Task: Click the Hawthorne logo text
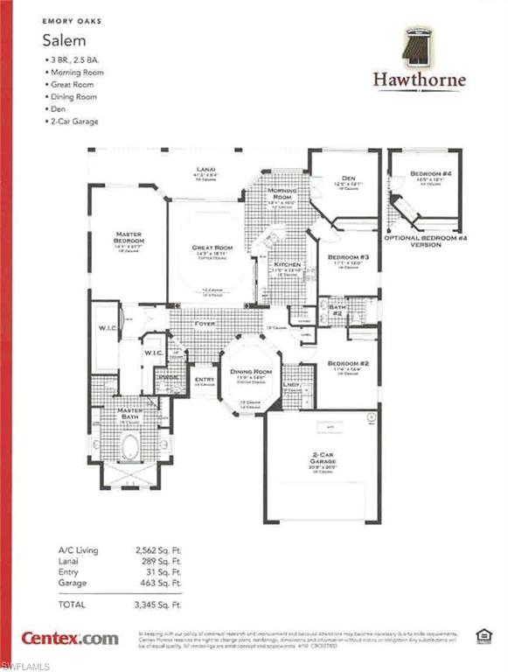[x=420, y=80]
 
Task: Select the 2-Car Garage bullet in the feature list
[x=75, y=122]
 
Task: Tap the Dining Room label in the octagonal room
[x=251, y=372]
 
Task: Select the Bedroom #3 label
[x=348, y=257]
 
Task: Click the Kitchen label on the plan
[x=288, y=263]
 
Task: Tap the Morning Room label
[x=282, y=193]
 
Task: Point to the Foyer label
[x=205, y=323]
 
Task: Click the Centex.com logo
[x=70, y=638]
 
